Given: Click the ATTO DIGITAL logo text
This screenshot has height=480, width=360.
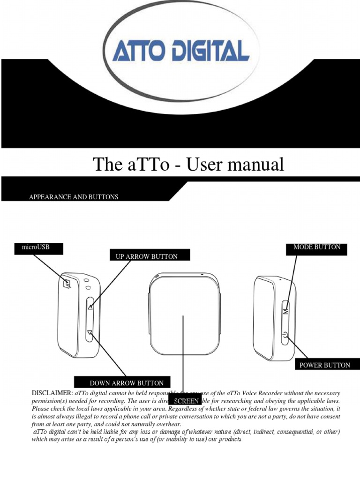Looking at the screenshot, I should pyautogui.click(x=180, y=51).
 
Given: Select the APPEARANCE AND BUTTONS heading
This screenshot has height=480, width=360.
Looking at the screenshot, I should pyautogui.click(x=74, y=197).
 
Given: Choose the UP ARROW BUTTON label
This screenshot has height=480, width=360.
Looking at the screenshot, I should pyautogui.click(x=147, y=256).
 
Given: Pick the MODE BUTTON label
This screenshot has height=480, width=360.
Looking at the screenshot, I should pyautogui.click(x=317, y=247).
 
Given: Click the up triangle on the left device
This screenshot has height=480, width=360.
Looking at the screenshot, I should pyautogui.click(x=90, y=307).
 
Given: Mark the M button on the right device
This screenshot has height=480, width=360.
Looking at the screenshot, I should pyautogui.click(x=285, y=311).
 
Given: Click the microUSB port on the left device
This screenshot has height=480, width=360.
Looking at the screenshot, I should pyautogui.click(x=67, y=283).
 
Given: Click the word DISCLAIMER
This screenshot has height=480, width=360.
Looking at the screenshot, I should pyautogui.click(x=52, y=393).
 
